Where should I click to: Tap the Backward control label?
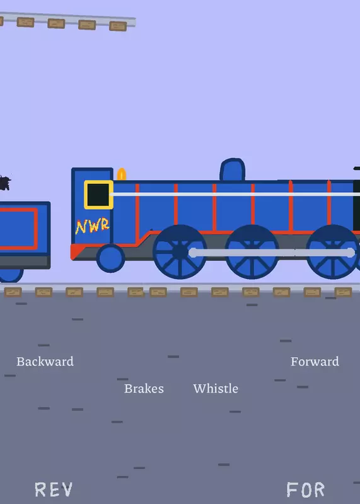(x=45, y=362)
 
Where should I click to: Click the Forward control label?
(x=315, y=362)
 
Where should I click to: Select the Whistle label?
(x=216, y=389)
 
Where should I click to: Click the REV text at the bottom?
(x=54, y=490)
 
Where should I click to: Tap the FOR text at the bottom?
(x=305, y=490)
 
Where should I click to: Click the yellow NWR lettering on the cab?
(x=92, y=226)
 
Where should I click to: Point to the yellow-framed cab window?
(x=98, y=195)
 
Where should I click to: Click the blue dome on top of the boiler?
(x=232, y=169)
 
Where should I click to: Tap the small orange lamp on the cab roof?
(x=122, y=175)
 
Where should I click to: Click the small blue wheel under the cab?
(x=111, y=258)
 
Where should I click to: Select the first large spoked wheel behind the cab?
(x=180, y=251)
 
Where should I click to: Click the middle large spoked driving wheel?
(x=252, y=251)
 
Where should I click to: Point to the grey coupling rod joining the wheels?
(x=272, y=253)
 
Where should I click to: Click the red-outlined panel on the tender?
(x=18, y=229)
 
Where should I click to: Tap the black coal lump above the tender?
(x=5, y=183)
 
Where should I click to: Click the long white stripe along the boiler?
(x=235, y=194)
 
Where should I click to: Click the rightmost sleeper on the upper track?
(x=118, y=26)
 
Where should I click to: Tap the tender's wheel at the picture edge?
(x=11, y=275)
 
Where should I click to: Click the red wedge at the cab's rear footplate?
(x=76, y=251)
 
